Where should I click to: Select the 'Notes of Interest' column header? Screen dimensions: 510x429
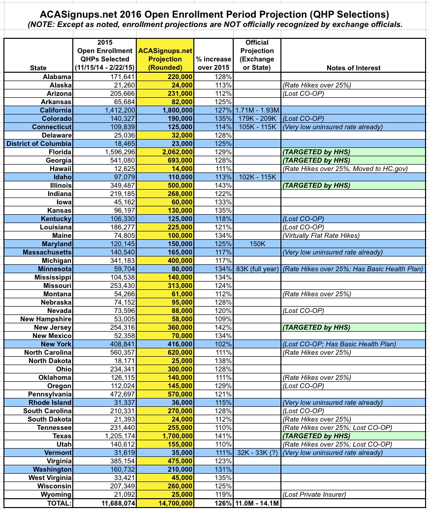click(353, 68)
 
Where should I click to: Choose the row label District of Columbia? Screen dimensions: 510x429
click(39, 143)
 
